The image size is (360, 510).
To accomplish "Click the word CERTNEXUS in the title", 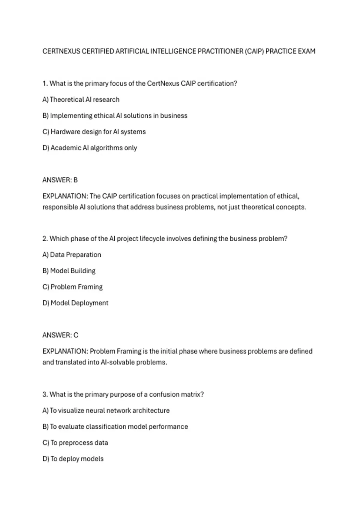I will point(61,51).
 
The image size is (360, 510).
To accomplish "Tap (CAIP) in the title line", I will point(254,51).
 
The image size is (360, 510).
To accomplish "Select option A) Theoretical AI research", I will point(81,100).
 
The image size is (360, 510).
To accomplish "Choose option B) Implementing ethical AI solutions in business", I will point(115,116).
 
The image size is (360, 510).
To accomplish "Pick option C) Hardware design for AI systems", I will point(94,132).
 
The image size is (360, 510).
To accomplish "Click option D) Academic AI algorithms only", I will point(90,148).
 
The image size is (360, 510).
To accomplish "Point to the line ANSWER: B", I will point(60,180).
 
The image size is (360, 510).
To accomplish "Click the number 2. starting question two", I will point(45,239).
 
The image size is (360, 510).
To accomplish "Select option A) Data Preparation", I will point(72,255).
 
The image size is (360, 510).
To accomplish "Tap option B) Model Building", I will point(69,271).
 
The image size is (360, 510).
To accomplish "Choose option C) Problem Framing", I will point(73,287).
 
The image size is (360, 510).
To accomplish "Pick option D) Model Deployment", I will point(75,303).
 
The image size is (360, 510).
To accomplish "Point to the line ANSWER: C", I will point(60,335).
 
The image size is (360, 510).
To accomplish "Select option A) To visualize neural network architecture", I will point(106,410).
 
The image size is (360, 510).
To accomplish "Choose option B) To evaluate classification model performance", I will point(115,427).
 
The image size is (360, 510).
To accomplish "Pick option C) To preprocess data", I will point(75,443).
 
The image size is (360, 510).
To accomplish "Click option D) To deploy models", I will point(73,459).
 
